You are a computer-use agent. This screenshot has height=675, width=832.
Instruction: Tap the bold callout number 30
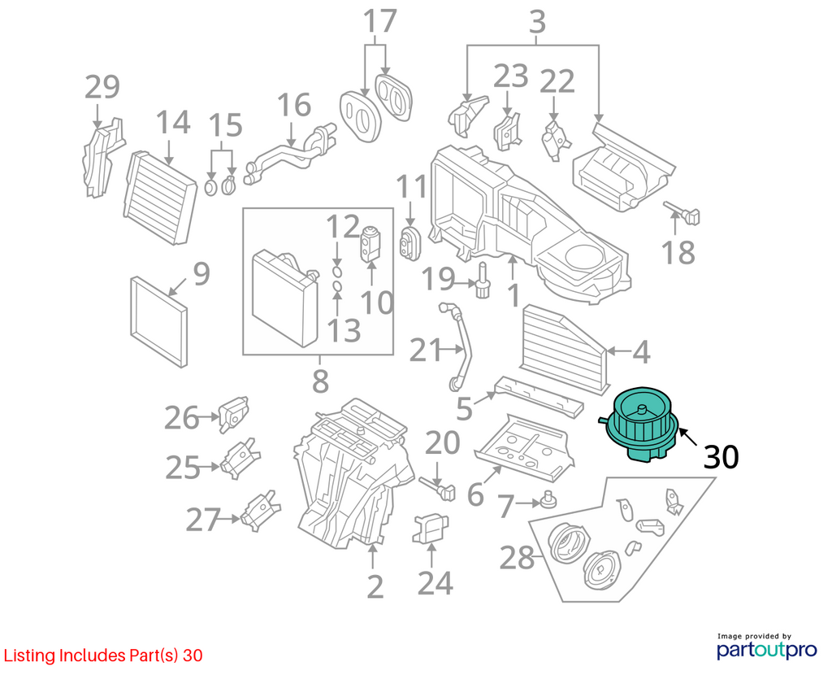[x=721, y=457]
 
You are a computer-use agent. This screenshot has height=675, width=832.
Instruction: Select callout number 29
[x=102, y=87]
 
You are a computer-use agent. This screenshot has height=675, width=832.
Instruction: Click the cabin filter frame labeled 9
[x=159, y=320]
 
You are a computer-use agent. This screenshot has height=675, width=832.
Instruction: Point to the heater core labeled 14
[x=160, y=198]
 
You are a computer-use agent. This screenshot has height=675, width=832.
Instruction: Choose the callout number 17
[x=380, y=21]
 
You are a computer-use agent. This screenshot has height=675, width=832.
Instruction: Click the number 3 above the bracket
[x=538, y=22]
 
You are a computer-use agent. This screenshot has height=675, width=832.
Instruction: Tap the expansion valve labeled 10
[x=370, y=244]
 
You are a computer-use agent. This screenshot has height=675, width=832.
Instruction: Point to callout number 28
[x=518, y=558]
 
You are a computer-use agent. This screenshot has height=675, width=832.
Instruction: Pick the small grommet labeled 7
[x=548, y=500]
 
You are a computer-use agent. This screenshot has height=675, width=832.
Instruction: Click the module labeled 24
[x=430, y=529]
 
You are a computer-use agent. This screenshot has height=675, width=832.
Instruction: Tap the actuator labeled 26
[x=233, y=414]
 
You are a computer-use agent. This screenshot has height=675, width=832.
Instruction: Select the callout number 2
[x=375, y=586]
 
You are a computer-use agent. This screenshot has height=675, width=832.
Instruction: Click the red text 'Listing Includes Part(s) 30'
[x=103, y=655]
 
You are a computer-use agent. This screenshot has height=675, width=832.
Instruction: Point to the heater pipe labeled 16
[x=290, y=153]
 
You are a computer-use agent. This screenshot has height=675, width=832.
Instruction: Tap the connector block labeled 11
[x=409, y=244]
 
